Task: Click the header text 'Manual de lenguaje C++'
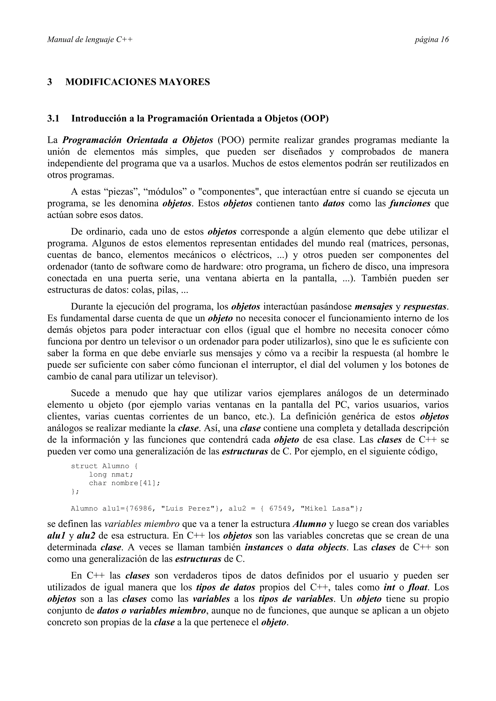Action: [x=90, y=40]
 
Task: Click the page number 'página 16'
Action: [x=431, y=40]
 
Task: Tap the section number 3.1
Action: [x=53, y=119]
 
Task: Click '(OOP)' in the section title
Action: [x=314, y=119]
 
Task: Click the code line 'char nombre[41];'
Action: [x=124, y=483]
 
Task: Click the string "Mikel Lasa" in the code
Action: [x=329, y=509]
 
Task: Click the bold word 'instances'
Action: [x=264, y=547]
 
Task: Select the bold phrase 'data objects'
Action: [x=321, y=547]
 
